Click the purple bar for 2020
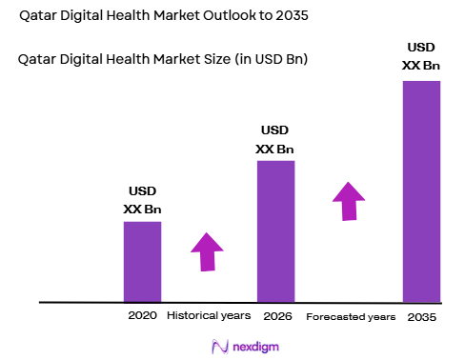pos(142,261)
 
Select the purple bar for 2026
pos(275,230)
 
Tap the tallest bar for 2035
pos(422,190)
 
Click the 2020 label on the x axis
pos(141,315)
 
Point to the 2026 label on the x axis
pos(275,315)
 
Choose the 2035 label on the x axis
pos(421,316)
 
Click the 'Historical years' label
pos(209,315)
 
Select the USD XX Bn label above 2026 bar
pos(274,140)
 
